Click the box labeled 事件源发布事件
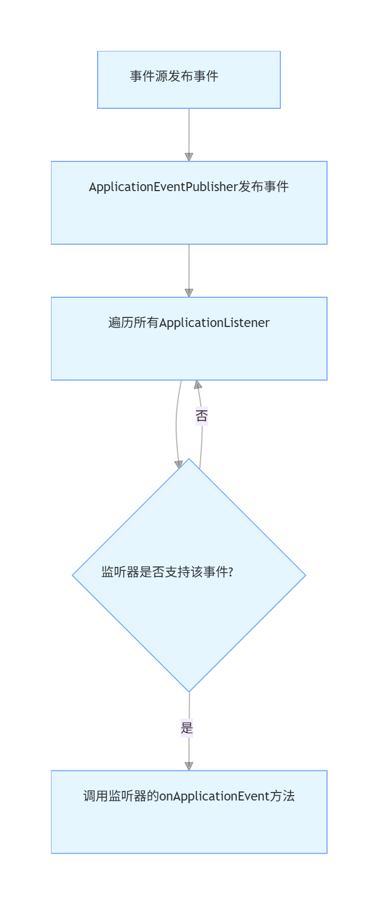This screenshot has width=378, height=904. coord(188,80)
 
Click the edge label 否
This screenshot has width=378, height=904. coord(201,416)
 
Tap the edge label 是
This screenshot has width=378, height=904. coord(187,728)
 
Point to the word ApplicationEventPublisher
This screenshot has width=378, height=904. coord(163,187)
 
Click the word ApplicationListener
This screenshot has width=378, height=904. coord(214,323)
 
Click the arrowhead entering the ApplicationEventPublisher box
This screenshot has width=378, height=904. coord(188,157)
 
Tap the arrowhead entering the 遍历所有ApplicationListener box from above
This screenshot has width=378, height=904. coord(188,292)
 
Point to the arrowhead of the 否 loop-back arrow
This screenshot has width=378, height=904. coord(197,385)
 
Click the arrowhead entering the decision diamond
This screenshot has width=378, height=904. coord(179,464)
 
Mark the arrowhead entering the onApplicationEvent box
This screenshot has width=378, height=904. coord(188,766)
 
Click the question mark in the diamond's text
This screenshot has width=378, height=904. coord(230,572)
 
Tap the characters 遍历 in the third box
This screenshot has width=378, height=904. coord(121,323)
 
